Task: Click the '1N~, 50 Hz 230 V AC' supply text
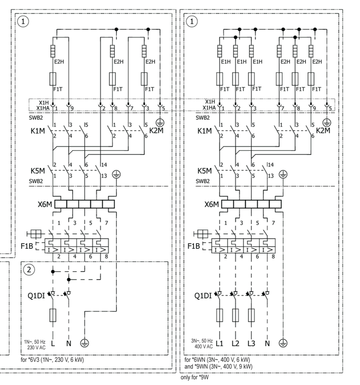point(35,344)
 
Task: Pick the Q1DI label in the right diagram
point(203,296)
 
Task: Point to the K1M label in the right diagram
point(205,130)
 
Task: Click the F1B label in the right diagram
point(193,246)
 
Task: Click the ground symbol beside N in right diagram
point(283,343)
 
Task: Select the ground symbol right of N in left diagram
point(85,343)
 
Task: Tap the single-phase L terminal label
point(54,343)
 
